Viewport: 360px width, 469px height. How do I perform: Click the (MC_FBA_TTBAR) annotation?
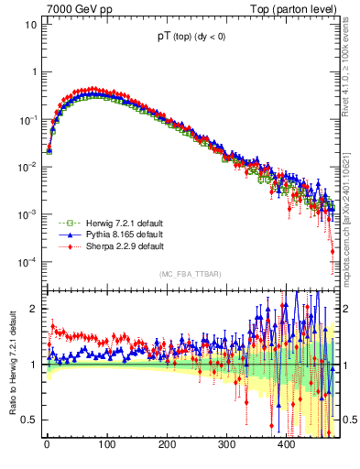[x=190, y=274]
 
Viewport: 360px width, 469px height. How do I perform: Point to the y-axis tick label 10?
[x=29, y=25]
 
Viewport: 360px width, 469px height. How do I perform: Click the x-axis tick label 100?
[x=106, y=445]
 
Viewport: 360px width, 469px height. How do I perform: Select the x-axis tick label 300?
[x=226, y=445]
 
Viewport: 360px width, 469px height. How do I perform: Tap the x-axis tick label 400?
[x=286, y=445]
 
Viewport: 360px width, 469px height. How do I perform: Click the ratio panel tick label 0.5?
[x=28, y=420]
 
